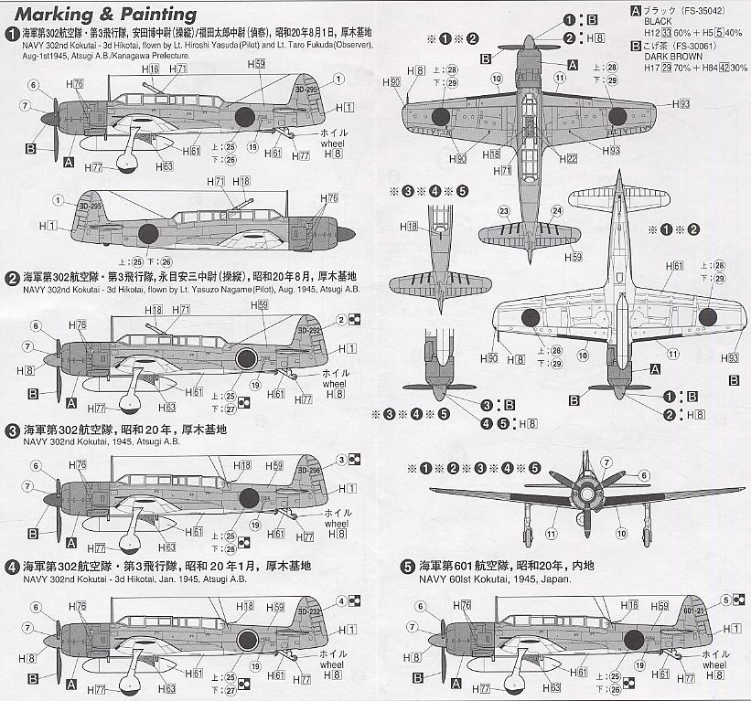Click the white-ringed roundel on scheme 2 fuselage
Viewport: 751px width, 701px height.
coord(246,358)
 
